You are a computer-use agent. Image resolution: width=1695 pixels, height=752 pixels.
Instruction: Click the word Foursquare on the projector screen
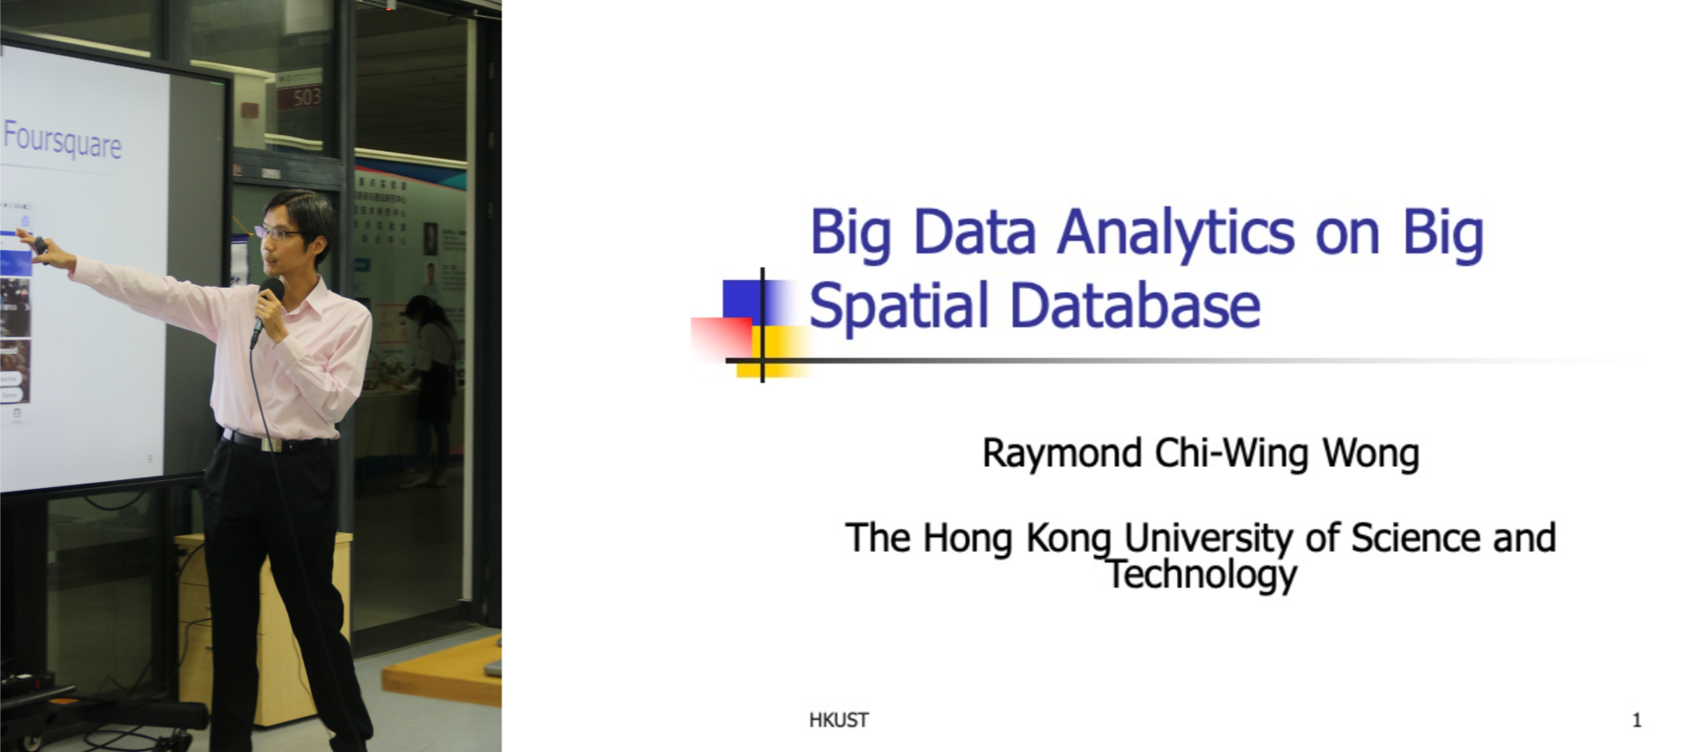62,140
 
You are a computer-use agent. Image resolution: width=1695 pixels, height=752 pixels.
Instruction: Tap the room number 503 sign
301,95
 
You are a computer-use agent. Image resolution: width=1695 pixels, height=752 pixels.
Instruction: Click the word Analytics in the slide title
1176,234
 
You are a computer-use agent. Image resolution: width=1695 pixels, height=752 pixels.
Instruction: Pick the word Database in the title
1134,305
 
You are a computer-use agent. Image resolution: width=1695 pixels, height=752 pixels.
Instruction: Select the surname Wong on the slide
1370,453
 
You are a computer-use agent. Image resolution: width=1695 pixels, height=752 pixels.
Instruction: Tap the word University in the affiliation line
1209,538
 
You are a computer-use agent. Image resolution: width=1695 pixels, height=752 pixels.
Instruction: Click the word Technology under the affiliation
1202,575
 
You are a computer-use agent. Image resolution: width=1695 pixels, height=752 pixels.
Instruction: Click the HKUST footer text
839,720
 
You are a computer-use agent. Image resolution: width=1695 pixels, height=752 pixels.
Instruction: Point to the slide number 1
1637,720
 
